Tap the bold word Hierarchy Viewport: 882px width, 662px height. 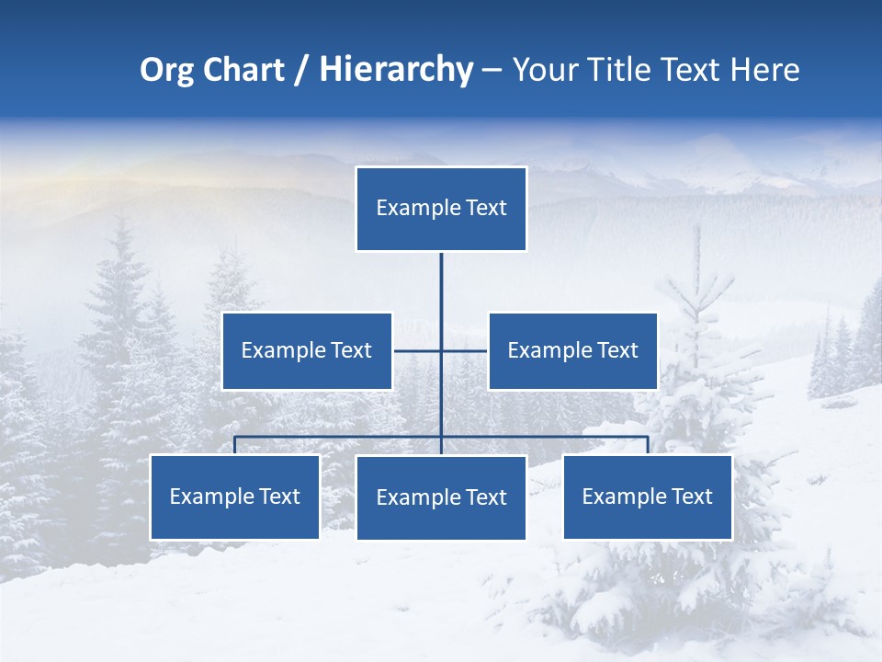point(396,70)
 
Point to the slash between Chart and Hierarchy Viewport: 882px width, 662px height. point(301,70)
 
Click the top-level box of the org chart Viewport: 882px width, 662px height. point(441,209)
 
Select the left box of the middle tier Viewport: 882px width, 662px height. point(307,350)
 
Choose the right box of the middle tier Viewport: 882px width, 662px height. point(572,350)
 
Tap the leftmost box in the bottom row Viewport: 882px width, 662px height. point(235,496)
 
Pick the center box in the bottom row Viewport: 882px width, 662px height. point(441,497)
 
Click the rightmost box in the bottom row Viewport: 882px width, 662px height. point(648,496)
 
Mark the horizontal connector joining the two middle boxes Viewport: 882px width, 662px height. point(418,350)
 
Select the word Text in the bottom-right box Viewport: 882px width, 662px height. point(691,496)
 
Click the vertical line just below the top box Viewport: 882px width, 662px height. point(441,285)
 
